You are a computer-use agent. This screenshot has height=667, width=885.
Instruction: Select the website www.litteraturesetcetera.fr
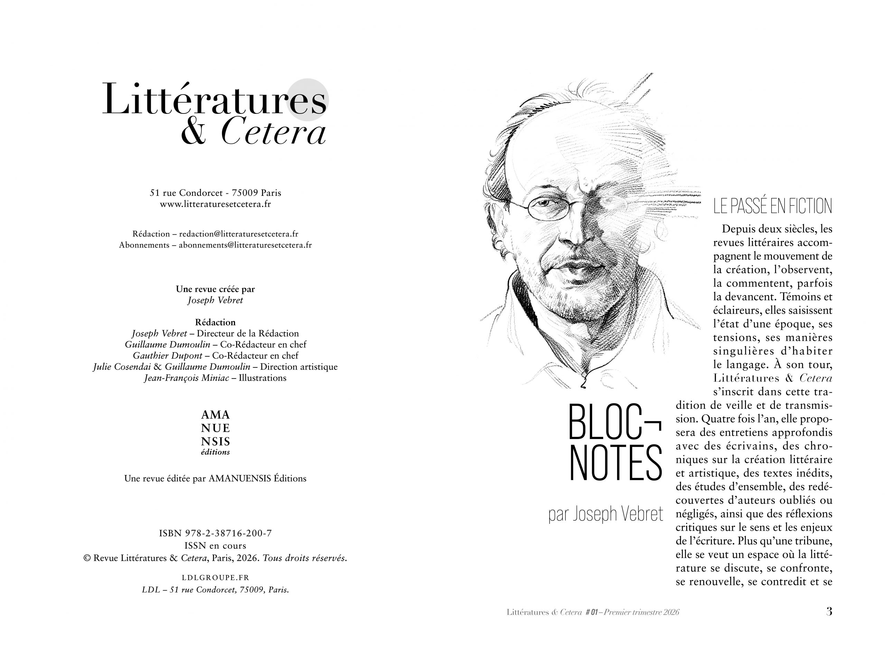click(x=215, y=204)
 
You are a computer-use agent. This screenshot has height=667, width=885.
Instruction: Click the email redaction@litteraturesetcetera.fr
click(x=239, y=234)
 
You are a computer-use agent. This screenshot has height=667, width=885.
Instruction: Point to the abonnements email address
click(x=245, y=245)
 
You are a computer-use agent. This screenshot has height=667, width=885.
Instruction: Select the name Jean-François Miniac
click(x=186, y=378)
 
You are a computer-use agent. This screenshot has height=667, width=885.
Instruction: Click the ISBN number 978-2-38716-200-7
click(x=228, y=533)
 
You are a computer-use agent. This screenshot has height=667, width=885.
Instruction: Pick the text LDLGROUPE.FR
click(x=215, y=578)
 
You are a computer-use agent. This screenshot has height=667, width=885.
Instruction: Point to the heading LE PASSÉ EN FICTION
click(x=772, y=206)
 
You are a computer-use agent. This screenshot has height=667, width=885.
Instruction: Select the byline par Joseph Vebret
click(x=605, y=514)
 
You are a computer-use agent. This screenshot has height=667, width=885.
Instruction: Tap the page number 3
click(x=829, y=611)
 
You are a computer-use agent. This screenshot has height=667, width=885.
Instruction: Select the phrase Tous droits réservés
click(x=305, y=558)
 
